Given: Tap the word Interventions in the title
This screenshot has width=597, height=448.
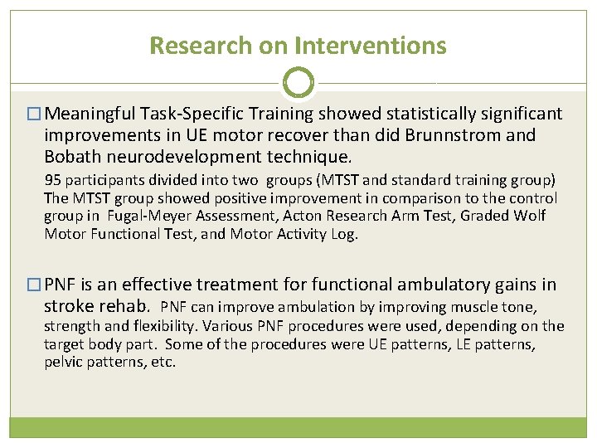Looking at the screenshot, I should click(352, 46).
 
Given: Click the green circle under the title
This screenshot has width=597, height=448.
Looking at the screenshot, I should click(298, 83).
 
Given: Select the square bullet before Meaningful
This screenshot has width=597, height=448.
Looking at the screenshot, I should click(33, 114).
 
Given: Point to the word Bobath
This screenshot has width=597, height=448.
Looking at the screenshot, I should click(74, 156).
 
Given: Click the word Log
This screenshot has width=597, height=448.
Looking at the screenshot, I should click(343, 234).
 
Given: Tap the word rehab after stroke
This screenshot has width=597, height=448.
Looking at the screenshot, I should click(125, 307).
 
